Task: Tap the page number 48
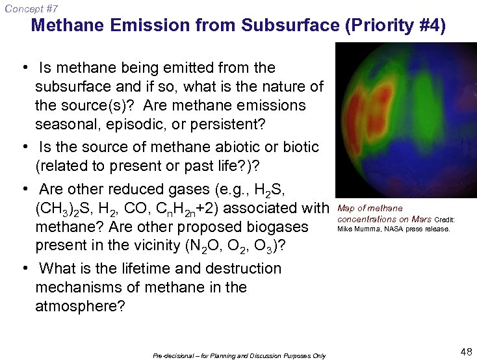[x=465, y=352]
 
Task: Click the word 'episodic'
[x=136, y=123]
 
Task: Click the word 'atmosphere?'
[x=80, y=305]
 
